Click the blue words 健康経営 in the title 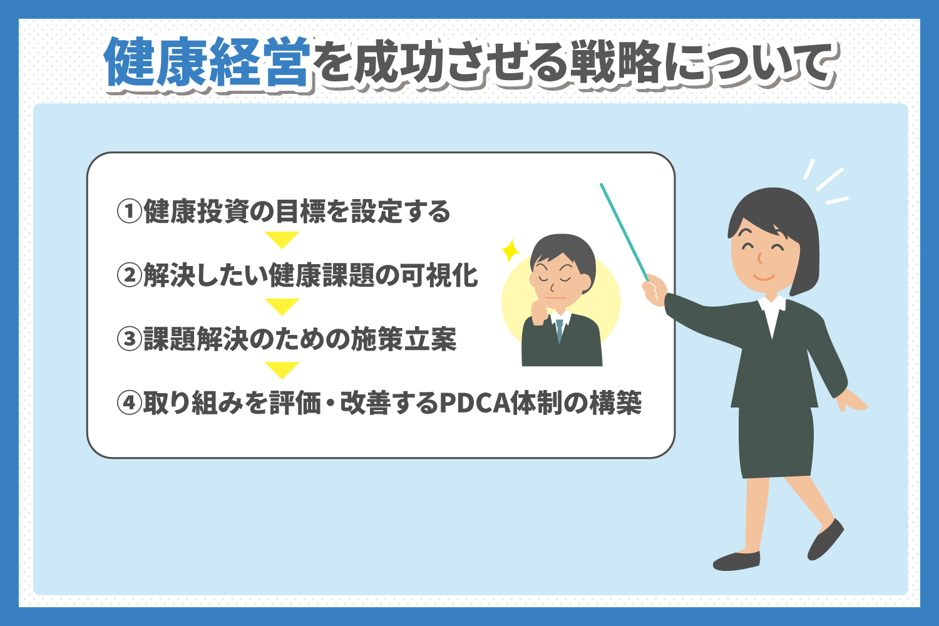207,62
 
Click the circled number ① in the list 130,212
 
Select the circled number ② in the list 130,275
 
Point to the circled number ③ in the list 130,339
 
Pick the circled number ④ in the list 130,403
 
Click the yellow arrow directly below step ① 282,240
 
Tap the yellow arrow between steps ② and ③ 282,306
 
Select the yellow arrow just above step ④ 282,370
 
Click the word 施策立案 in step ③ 404,339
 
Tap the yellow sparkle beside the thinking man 511,250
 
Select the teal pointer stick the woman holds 624,232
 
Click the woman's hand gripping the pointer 654,290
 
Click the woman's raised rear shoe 826,540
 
